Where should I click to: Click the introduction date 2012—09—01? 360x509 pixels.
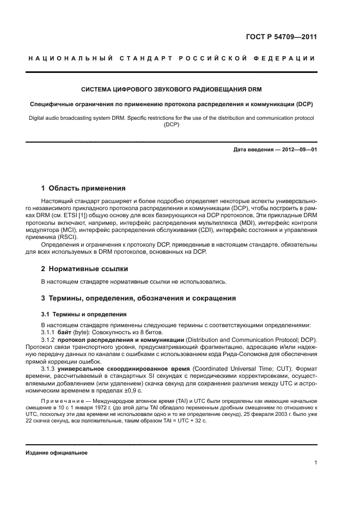pyautogui.click(x=298, y=149)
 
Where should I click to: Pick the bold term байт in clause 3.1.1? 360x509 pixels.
pyautogui.click(x=65, y=332)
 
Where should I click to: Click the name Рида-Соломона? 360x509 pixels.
pyautogui.click(x=245, y=353)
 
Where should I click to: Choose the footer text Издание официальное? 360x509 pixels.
pyautogui.click(x=56, y=452)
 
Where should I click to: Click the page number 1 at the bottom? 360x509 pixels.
pyautogui.click(x=315, y=463)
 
